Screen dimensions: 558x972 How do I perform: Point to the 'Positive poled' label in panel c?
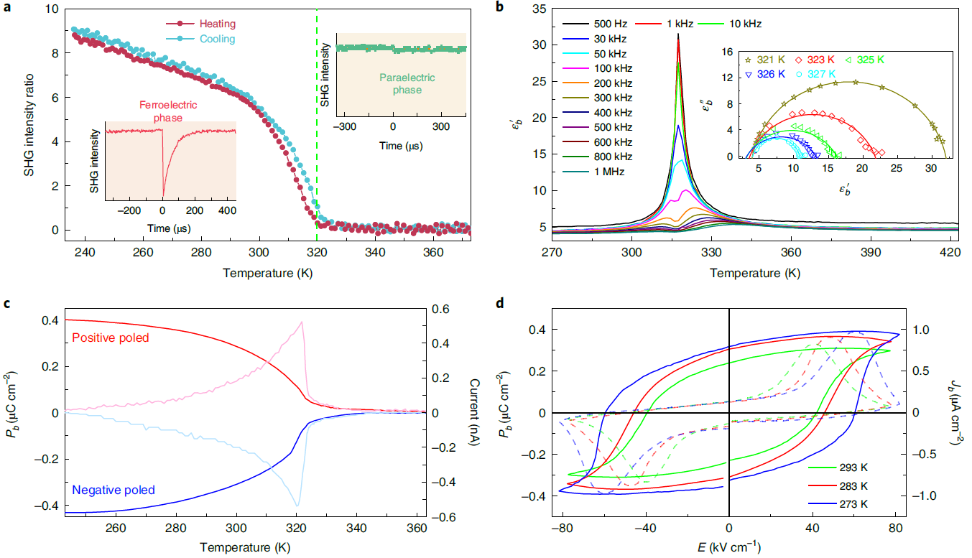click(111, 338)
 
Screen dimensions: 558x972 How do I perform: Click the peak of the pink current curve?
click(302, 322)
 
